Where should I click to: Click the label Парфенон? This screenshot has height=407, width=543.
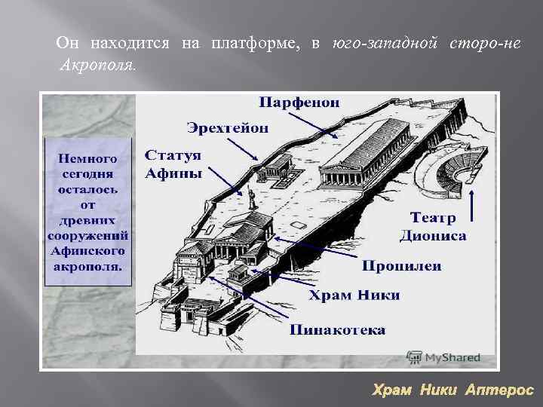coord(300,102)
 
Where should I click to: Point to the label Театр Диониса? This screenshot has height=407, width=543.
coord(433,227)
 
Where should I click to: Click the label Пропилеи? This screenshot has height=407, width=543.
coord(401,265)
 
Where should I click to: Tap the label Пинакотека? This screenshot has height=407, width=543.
coord(337,329)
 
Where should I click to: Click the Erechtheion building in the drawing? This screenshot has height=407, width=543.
coord(273,167)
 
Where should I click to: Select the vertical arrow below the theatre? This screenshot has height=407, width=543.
coord(473,207)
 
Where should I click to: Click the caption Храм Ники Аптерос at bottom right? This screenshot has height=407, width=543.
coord(453,390)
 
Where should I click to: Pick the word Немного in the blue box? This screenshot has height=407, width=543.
coord(89,158)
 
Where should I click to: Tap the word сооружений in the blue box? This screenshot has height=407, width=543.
coord(89,237)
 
